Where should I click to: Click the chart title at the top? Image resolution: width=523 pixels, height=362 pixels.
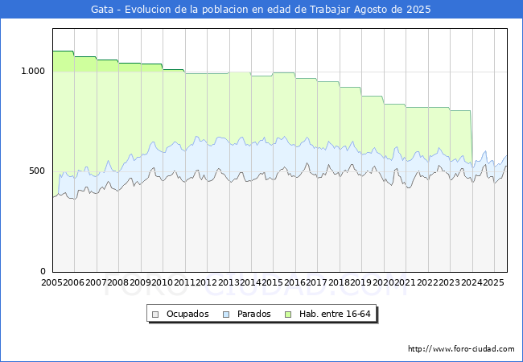pyautogui.click(x=261, y=10)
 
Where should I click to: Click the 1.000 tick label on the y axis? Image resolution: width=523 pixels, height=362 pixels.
pyautogui.click(x=32, y=71)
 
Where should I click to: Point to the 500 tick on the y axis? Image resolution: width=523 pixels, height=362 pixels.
pyautogui.click(x=37, y=171)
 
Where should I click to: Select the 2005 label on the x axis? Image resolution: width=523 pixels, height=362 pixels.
pyautogui.click(x=51, y=283)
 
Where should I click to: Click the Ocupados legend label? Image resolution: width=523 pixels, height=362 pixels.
pyautogui.click(x=187, y=314)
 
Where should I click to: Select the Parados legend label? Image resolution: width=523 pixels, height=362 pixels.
pyautogui.click(x=253, y=314)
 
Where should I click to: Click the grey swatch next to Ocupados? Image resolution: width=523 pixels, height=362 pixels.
pyautogui.click(x=156, y=314)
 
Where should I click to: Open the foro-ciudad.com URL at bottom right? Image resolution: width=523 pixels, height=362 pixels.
pyautogui.click(x=461, y=349)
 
